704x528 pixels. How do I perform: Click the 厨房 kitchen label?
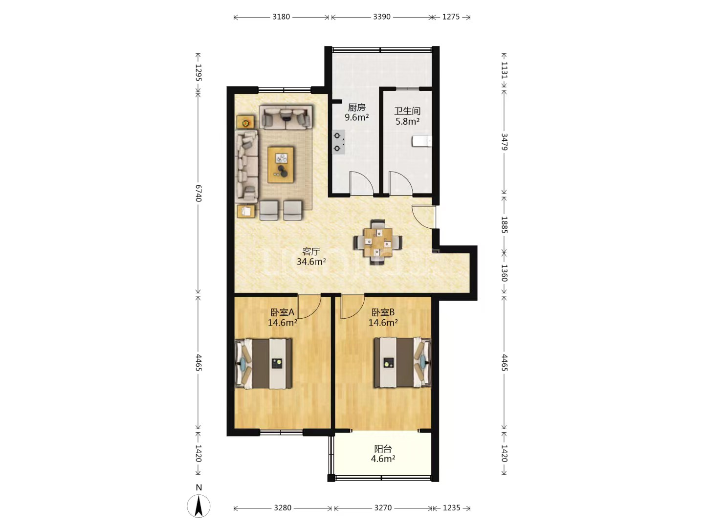coord(357,108)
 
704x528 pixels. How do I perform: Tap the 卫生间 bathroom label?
coord(407,111)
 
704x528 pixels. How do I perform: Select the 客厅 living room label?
coord(311,251)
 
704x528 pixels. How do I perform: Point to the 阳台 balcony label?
coord(383,448)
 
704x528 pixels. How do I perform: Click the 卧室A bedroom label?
coord(283,312)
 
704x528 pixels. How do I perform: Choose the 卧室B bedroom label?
coord(383,312)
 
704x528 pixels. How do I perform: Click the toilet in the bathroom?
coord(422,142)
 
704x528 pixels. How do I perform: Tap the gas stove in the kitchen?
coord(338,142)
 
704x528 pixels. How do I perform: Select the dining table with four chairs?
coord(378,242)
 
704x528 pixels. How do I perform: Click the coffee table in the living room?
coord(281,165)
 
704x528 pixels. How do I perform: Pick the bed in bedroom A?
coord(264,364)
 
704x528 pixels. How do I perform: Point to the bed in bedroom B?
coord(402,363)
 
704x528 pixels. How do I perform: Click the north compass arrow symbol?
coord(199,506)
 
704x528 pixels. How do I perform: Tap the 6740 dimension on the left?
coord(198,193)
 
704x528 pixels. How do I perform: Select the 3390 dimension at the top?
coord(382,17)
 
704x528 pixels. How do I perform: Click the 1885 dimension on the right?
coord(505,225)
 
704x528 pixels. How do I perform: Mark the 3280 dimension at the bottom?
coord(283,508)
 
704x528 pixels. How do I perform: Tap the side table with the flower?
coord(245,122)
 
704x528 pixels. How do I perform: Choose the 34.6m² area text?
coord(311,262)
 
